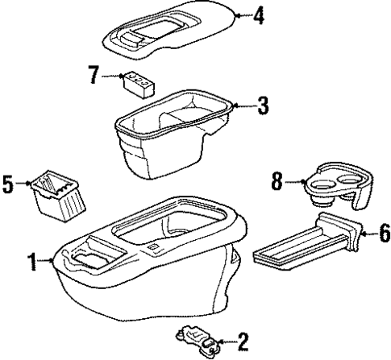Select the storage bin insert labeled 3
[x=169, y=137]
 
